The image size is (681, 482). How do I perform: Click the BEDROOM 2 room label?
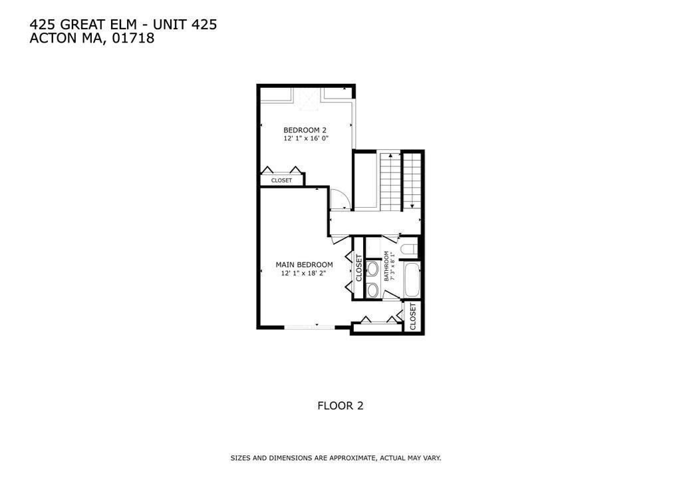click(x=305, y=130)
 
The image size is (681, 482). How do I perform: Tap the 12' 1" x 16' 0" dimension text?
click(x=306, y=138)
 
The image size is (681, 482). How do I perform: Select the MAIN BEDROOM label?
click(x=304, y=265)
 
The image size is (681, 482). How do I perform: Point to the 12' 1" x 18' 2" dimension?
click(x=303, y=274)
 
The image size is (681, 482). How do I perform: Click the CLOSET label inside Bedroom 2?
click(x=281, y=180)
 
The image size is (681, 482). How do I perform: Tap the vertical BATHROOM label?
click(x=386, y=266)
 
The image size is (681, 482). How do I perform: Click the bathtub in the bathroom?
click(x=412, y=280)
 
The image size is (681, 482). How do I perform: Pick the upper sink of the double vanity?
click(x=372, y=268)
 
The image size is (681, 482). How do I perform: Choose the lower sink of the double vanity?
click(x=372, y=290)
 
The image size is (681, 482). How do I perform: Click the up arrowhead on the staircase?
click(x=390, y=154)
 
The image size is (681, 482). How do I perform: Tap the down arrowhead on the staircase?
click(x=411, y=206)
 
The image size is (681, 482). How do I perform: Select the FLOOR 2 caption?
click(x=340, y=406)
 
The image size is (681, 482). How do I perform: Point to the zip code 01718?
click(x=134, y=38)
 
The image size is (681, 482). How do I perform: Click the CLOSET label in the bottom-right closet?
click(x=412, y=316)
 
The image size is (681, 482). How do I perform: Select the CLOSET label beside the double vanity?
click(x=358, y=268)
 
